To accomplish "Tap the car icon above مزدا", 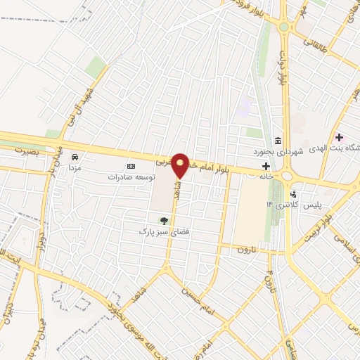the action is coord(75,157).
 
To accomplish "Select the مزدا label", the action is coord(74,169).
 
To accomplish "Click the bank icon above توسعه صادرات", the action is coord(131,166).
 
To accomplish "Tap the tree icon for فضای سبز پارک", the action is coord(164,221).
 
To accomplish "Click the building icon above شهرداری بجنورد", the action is coord(279,141).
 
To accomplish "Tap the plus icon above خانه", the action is coord(266,166).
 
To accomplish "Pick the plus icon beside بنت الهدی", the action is coord(340,136).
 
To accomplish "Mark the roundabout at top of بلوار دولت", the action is coord(284,27).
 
